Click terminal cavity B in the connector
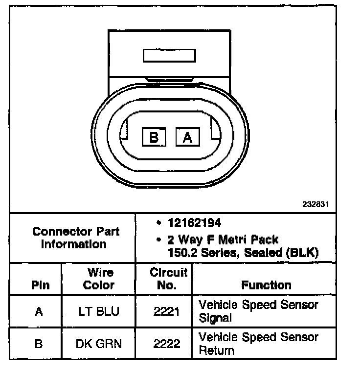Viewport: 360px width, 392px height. click(x=154, y=138)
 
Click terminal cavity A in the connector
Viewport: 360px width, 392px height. click(x=187, y=138)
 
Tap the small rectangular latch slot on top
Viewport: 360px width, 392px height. click(x=169, y=55)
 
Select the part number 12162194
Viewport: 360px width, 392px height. click(x=195, y=223)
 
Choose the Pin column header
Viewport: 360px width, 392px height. click(x=40, y=285)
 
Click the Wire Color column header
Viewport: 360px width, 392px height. click(x=99, y=279)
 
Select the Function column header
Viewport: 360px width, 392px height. click(x=266, y=285)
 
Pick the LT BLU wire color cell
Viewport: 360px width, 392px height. click(x=98, y=311)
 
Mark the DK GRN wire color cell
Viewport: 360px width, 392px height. click(x=98, y=344)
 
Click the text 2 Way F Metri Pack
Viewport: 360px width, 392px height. click(x=223, y=240)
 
